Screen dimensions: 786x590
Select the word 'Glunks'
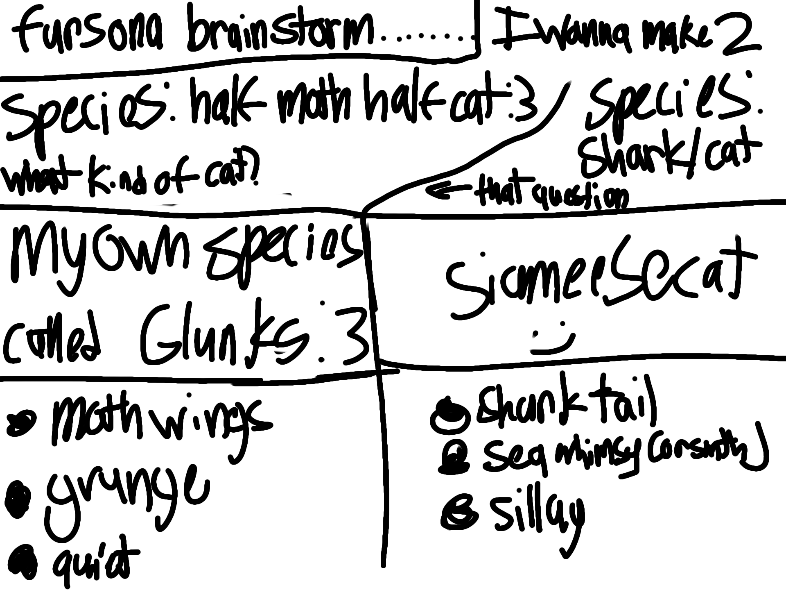pos(225,336)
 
